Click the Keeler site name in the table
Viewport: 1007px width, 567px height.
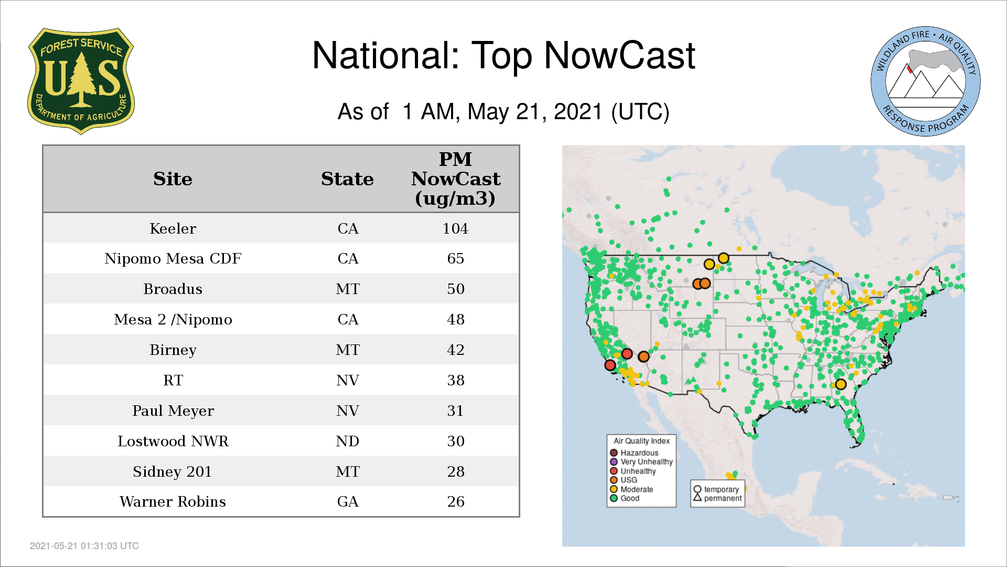pos(173,228)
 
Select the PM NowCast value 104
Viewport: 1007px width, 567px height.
pos(455,228)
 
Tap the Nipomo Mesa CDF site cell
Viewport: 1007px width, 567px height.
pos(173,258)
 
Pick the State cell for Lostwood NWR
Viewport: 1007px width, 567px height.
pos(348,441)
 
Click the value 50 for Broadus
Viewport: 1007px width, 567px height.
pos(456,289)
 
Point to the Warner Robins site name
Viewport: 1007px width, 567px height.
pos(173,501)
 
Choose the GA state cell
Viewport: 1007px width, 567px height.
pos(348,501)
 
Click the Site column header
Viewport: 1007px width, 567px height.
pos(173,178)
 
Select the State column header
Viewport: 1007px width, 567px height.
pos(347,178)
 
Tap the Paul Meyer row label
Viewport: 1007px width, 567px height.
pos(173,411)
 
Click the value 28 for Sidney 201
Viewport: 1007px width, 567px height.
pos(456,471)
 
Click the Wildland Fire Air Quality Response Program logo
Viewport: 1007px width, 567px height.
pos(926,81)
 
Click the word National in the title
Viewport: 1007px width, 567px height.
pos(385,55)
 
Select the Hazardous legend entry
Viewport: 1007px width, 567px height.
pos(634,453)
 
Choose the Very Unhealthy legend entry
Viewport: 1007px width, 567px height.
pos(641,462)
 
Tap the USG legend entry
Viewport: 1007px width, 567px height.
pos(624,480)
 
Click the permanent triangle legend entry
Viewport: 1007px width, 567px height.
pos(717,498)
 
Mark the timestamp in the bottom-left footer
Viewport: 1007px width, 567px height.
pos(84,546)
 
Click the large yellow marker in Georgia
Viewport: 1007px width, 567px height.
pos(841,384)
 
